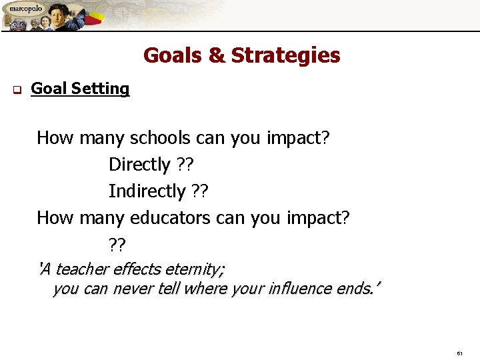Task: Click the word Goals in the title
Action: tap(174, 55)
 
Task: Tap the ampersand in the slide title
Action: tap(217, 55)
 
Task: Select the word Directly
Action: tap(139, 164)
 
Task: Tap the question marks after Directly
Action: tap(186, 164)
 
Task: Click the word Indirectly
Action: tap(147, 191)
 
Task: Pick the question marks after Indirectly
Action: tap(199, 191)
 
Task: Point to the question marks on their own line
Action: tap(117, 245)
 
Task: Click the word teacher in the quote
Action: tap(83, 269)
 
